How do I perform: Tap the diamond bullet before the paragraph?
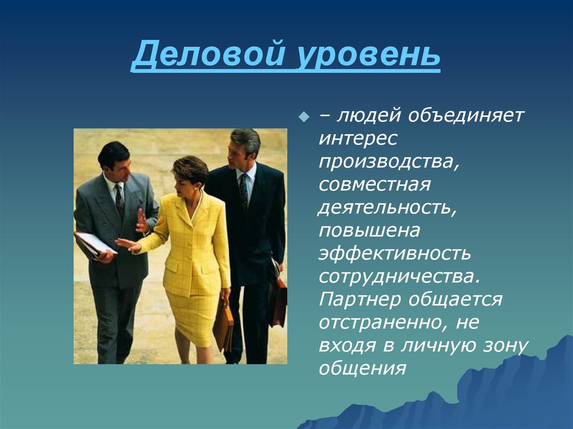(x=304, y=117)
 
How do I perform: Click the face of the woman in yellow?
(x=184, y=180)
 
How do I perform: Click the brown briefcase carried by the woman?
(x=223, y=324)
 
